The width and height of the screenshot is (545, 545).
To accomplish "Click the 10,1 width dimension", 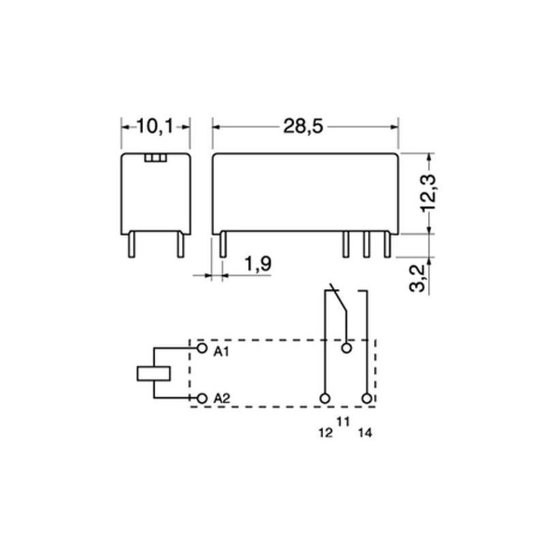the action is (x=155, y=126).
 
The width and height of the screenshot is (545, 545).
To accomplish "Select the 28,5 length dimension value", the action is (x=303, y=126).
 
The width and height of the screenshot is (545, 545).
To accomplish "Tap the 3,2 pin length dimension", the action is (x=418, y=278).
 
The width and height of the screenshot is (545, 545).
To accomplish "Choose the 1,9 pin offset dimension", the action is (x=258, y=264).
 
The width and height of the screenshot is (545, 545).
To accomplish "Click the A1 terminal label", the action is (x=221, y=352).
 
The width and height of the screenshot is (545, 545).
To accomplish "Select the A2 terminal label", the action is (x=222, y=399).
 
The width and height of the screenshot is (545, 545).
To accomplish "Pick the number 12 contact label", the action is (x=326, y=433).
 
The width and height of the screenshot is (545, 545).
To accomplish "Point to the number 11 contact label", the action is (x=343, y=422).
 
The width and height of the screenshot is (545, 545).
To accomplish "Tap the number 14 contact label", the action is (x=365, y=433).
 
